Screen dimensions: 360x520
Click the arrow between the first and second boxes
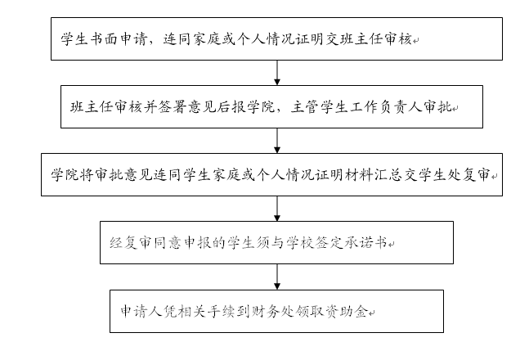(x=277, y=71)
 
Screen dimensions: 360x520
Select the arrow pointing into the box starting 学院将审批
(x=277, y=140)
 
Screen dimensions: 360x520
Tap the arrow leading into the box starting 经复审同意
(x=277, y=209)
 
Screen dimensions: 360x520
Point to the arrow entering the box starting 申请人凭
(x=277, y=276)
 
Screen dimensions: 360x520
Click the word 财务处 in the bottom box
(x=280, y=312)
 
